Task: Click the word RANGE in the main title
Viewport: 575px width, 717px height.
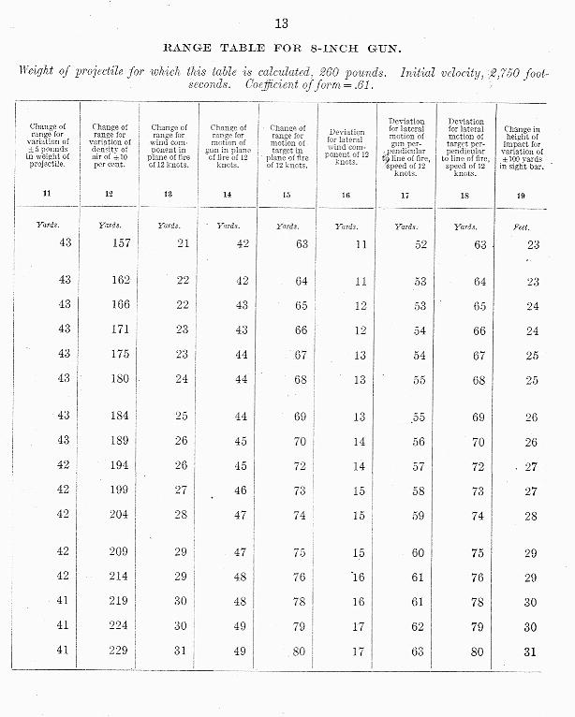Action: [x=189, y=46]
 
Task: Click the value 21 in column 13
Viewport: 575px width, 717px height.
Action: [x=182, y=244]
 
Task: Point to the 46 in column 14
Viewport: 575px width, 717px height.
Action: [x=241, y=490]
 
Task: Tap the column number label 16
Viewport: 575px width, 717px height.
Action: [x=346, y=195]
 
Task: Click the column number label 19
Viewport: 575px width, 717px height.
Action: [x=521, y=195]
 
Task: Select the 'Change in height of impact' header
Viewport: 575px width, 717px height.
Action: [x=521, y=146]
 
